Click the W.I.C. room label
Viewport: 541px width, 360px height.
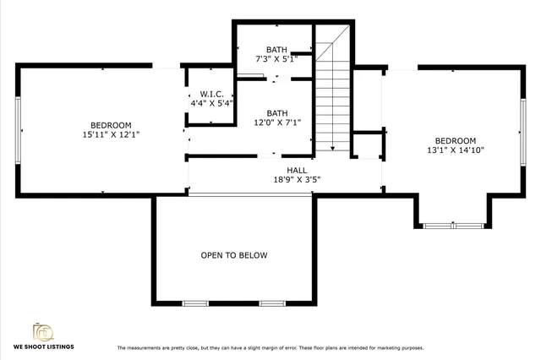click(x=211, y=93)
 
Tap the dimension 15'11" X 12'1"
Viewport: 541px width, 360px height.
click(x=111, y=134)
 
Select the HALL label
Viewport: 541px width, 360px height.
click(x=296, y=170)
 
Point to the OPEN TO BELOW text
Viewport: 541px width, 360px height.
click(x=233, y=255)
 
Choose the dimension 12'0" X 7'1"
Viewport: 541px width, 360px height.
click(x=276, y=123)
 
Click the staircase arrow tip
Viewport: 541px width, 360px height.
click(x=333, y=150)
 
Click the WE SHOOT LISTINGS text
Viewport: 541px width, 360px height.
click(x=43, y=347)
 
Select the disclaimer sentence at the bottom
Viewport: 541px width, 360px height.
click(x=270, y=348)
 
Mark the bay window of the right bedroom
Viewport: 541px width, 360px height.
click(x=453, y=226)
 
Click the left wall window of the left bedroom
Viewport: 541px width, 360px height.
click(x=18, y=131)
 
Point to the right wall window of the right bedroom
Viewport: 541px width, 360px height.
click(x=522, y=131)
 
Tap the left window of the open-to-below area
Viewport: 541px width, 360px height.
click(x=195, y=303)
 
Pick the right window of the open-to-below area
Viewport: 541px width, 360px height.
click(x=271, y=303)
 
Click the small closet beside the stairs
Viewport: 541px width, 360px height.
click(x=367, y=145)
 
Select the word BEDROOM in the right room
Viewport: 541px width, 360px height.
click(x=456, y=140)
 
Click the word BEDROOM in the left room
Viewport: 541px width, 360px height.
click(x=111, y=125)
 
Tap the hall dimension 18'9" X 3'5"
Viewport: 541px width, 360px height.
click(x=297, y=179)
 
